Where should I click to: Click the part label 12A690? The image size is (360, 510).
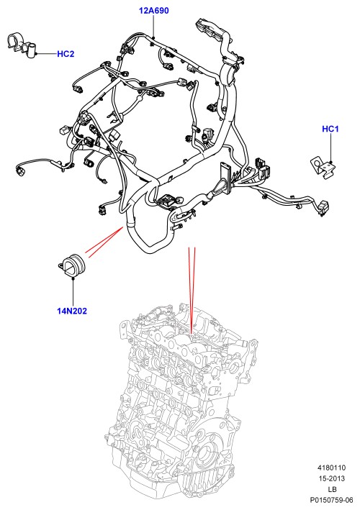click(153, 11)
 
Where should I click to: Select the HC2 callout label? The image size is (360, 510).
click(66, 54)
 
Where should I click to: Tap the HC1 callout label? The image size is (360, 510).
click(330, 129)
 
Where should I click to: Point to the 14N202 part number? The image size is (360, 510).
click(72, 311)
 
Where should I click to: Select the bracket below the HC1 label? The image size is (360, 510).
click(323, 166)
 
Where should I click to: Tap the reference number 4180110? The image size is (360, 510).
click(332, 468)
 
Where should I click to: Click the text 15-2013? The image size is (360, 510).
click(332, 478)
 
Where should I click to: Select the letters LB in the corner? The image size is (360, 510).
click(332, 489)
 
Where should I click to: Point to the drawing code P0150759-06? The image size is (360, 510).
click(331, 500)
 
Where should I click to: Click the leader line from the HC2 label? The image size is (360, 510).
click(46, 54)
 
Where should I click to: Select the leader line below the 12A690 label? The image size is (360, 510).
click(153, 26)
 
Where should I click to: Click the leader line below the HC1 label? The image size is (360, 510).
click(330, 147)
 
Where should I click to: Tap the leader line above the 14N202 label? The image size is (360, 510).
click(73, 292)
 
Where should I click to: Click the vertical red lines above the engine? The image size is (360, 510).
click(192, 289)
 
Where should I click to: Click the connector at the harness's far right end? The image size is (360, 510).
click(324, 208)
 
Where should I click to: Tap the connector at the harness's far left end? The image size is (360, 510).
click(20, 171)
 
